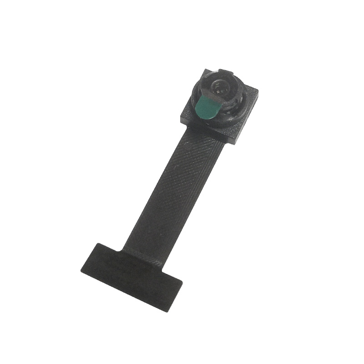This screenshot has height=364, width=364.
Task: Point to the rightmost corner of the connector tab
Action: (x=182, y=283)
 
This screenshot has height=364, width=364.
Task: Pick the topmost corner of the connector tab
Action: (x=96, y=243)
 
